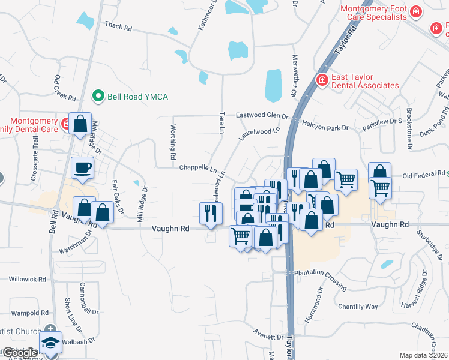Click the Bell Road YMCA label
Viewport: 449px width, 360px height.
(x=137, y=96)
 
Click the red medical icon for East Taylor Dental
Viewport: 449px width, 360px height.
(x=322, y=80)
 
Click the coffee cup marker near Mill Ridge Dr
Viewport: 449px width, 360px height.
(x=82, y=167)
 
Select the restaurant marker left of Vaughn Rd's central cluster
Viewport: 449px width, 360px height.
(x=211, y=213)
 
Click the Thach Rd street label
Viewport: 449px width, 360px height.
(x=118, y=26)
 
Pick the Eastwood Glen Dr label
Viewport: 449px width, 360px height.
(x=262, y=115)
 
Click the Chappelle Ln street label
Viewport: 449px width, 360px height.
(x=197, y=168)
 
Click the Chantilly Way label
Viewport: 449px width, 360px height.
(x=358, y=307)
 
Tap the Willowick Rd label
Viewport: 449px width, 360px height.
(x=28, y=279)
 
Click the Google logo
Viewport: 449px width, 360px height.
(x=19, y=353)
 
